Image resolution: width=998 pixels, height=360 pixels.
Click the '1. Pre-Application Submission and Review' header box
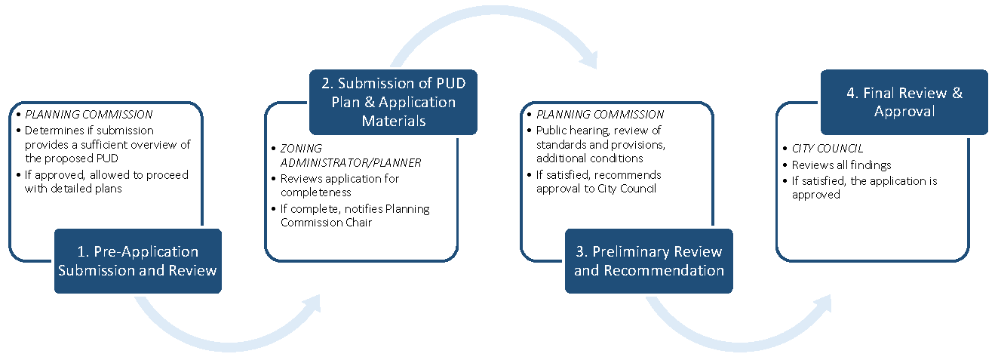(137, 261)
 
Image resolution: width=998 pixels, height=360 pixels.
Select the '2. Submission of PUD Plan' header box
(393, 102)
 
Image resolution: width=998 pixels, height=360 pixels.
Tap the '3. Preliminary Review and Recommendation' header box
(649, 261)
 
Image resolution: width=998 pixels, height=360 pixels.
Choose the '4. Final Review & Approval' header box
(904, 102)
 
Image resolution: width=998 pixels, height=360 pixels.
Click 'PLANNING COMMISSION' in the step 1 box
(89, 115)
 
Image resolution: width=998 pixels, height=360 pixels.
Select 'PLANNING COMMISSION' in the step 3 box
(600, 115)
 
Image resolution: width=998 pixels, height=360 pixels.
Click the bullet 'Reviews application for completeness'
(339, 186)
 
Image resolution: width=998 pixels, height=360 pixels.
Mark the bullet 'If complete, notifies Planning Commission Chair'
(355, 215)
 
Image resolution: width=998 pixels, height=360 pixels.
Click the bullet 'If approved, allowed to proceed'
(106, 181)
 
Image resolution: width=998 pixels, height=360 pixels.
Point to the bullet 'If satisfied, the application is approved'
(864, 188)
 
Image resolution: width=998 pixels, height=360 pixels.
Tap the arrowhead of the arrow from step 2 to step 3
(585, 57)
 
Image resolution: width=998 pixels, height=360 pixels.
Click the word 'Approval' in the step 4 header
(904, 111)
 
